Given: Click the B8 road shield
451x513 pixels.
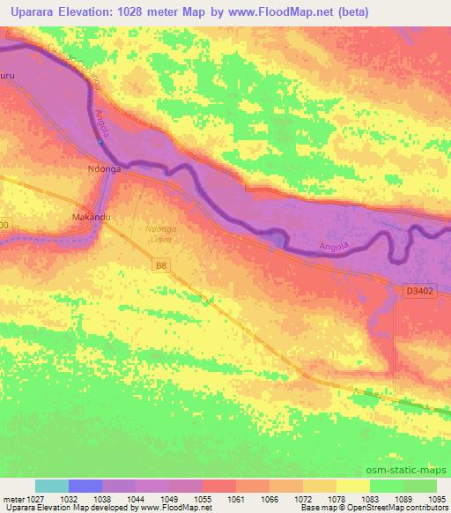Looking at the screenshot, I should coord(159,264).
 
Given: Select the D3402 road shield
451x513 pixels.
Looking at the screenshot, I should coord(421,289).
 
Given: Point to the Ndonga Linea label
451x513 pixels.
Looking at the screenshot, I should coord(159,234).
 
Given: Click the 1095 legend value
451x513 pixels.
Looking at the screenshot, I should coord(438,499).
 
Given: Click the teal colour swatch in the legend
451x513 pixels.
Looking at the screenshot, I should coord(52,486).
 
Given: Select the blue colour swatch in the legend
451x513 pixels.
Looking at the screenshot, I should coord(85,486).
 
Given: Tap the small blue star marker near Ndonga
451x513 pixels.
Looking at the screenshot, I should coord(101,142).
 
